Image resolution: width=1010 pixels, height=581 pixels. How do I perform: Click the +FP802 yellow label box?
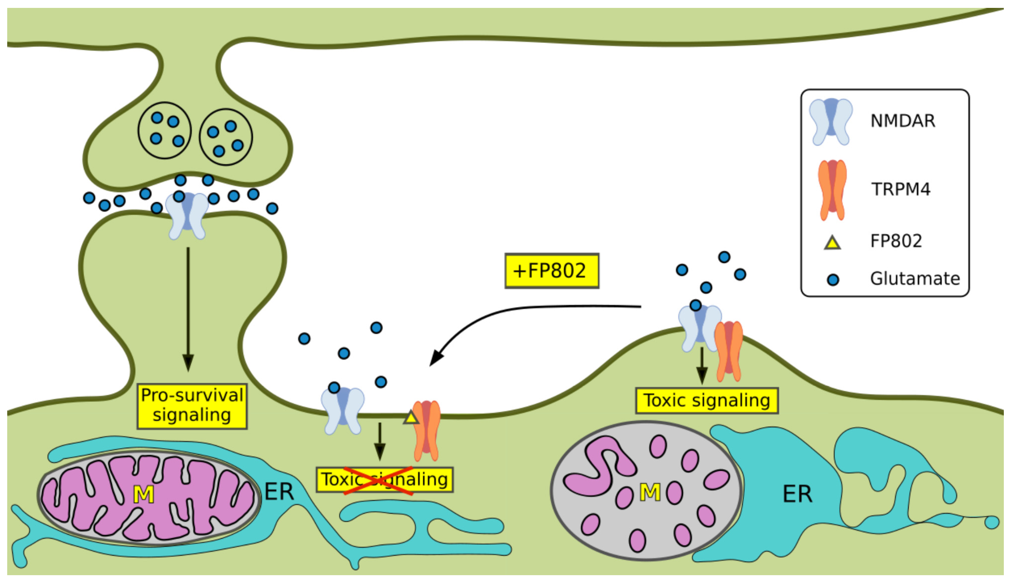(552, 270)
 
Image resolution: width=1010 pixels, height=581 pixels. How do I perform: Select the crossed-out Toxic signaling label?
(384, 479)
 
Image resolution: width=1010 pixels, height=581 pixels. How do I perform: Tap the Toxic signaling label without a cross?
(706, 400)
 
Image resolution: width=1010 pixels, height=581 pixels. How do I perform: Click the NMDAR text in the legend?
(903, 120)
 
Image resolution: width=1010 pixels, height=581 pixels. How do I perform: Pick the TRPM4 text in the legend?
(901, 189)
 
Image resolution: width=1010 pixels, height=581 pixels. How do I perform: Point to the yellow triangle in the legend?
(833, 243)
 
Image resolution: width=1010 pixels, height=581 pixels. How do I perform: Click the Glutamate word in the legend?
(915, 279)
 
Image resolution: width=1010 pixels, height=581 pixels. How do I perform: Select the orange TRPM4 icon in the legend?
(832, 190)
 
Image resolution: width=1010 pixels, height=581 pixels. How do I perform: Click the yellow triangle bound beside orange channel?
(411, 417)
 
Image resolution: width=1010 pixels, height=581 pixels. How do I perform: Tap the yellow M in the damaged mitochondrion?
(650, 492)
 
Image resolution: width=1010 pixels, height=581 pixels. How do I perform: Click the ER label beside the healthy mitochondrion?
(279, 492)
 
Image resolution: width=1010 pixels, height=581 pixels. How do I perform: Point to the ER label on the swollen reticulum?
(797, 494)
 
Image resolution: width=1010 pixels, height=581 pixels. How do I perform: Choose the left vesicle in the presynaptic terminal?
(164, 130)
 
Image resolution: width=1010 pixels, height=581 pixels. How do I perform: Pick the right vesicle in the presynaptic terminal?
(225, 137)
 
